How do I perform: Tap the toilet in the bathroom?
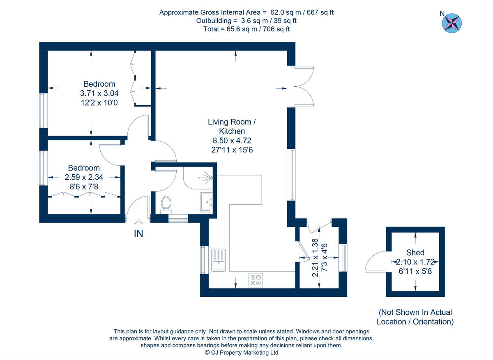coord(166,203)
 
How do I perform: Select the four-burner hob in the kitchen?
coord(255,280)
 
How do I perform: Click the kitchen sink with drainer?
coord(218,260)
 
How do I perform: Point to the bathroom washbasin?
coord(206,201)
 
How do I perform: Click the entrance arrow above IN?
coord(138,223)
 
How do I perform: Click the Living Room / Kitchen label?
coord(232,127)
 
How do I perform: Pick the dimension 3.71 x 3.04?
coord(99,94)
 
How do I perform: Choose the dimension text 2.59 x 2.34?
coord(84,177)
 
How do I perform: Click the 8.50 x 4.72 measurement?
coord(232,141)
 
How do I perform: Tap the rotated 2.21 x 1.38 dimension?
coord(315,257)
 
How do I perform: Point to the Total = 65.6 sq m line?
coord(246,29)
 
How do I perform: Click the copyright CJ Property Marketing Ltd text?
coord(242,353)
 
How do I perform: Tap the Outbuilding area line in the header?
coord(246,21)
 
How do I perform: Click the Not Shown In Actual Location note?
coord(415,317)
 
